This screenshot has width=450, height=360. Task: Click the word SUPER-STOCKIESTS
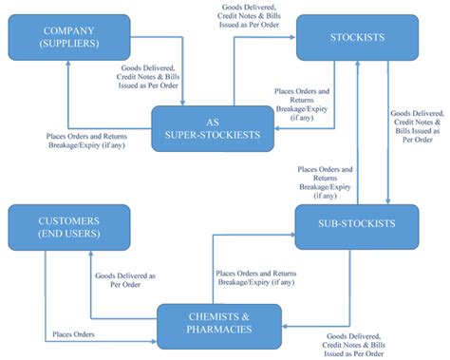tap(215, 135)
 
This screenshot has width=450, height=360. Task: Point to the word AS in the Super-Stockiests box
tap(215, 121)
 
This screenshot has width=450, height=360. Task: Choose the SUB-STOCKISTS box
tap(356, 224)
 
